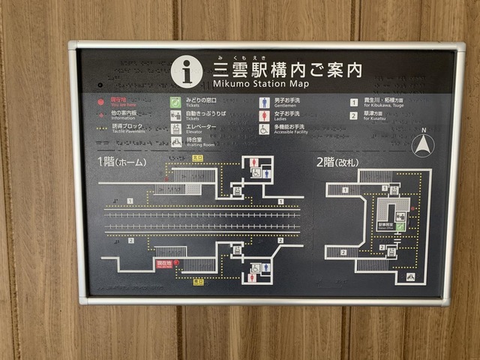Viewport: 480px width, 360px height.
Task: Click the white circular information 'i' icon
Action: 187,71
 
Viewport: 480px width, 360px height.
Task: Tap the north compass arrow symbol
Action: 423,143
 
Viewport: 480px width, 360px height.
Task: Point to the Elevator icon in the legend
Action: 175,128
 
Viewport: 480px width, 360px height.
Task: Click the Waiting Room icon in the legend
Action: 175,142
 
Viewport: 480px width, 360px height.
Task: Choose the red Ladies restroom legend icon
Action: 264,116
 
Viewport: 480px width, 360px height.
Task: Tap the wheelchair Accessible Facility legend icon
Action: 264,129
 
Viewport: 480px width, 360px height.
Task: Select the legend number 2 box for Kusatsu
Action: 353,115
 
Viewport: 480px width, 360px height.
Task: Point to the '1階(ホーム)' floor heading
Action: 121,161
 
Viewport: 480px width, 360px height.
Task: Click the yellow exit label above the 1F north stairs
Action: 197,158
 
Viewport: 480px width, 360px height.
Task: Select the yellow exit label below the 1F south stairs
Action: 198,282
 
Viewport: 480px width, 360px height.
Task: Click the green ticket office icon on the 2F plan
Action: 400,226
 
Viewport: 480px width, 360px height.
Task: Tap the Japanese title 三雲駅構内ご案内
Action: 287,69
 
